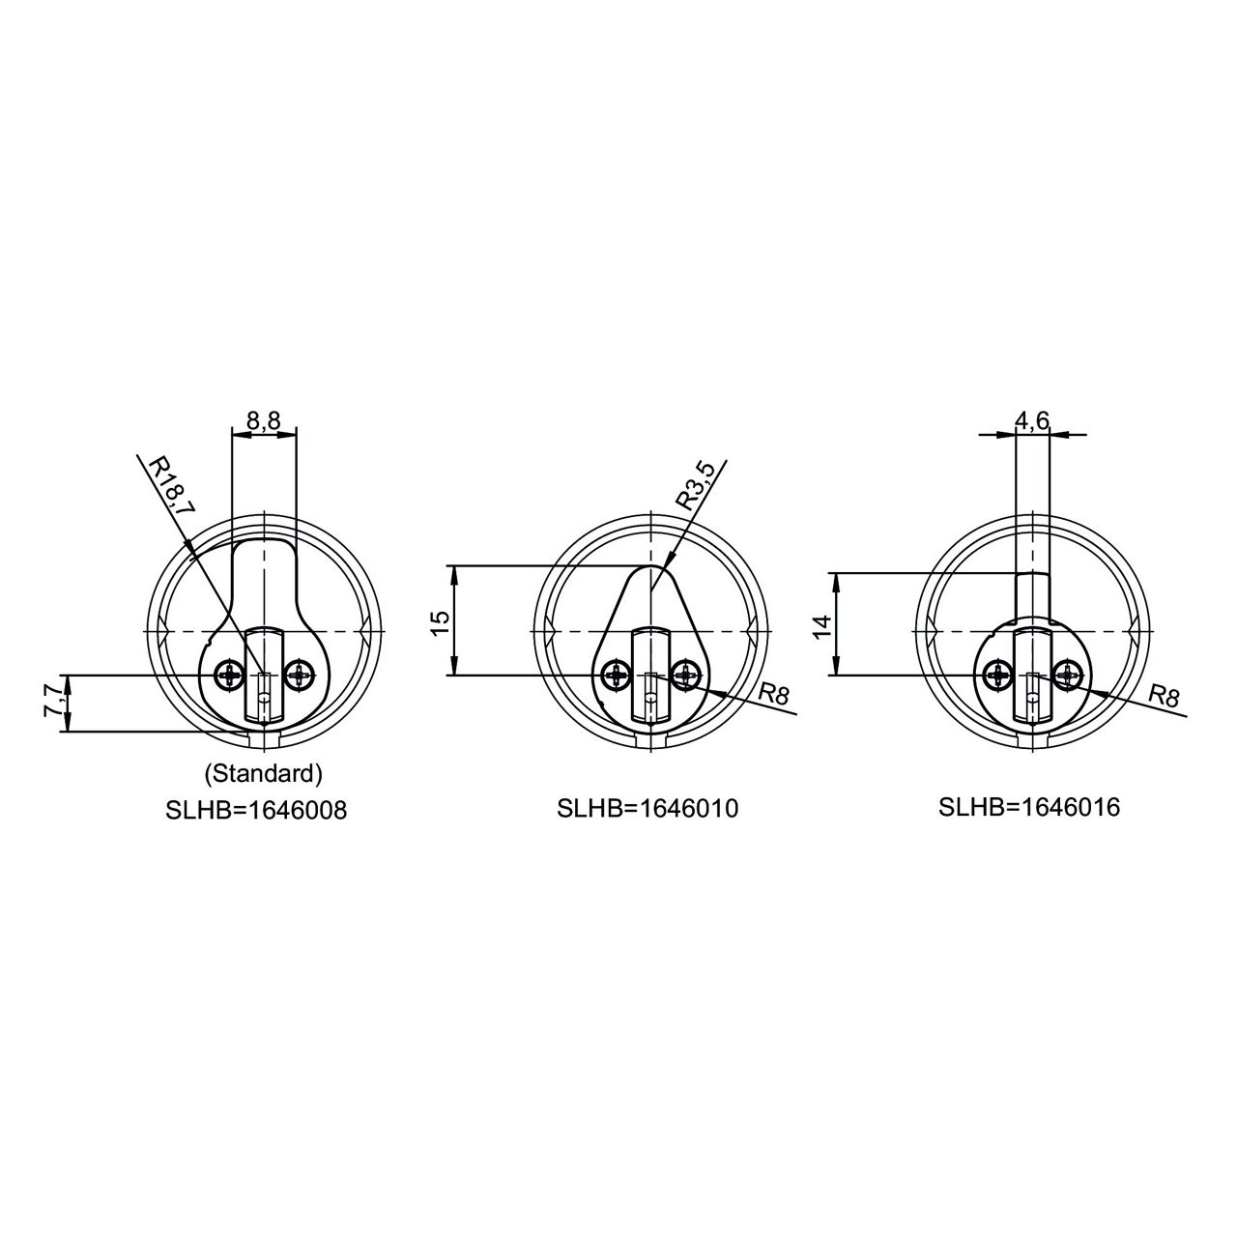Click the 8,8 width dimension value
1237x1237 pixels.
264,420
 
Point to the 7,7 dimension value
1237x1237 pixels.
52,703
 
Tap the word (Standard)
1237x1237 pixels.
263,774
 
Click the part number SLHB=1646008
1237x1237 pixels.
256,810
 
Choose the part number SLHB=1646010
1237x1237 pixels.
647,808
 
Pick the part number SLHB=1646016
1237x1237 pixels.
1029,807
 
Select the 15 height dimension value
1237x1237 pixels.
442,622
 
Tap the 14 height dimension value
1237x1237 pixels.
822,626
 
